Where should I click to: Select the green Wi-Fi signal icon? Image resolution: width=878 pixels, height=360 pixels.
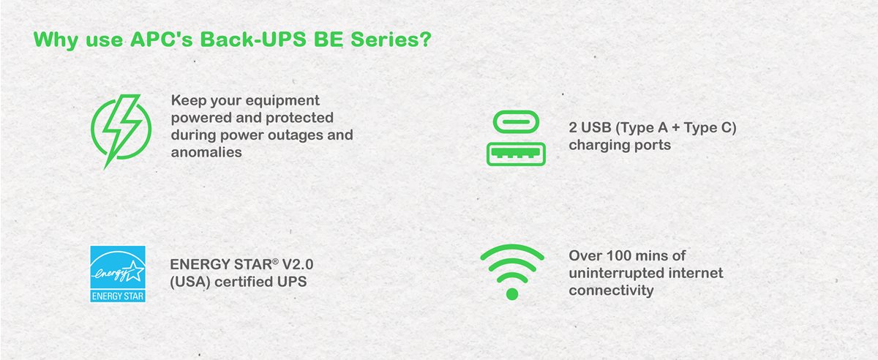pyautogui.click(x=511, y=270)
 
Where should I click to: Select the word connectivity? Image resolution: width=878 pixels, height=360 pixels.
pyautogui.click(x=611, y=290)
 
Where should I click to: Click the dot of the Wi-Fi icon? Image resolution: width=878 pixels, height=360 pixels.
pyautogui.click(x=511, y=293)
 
